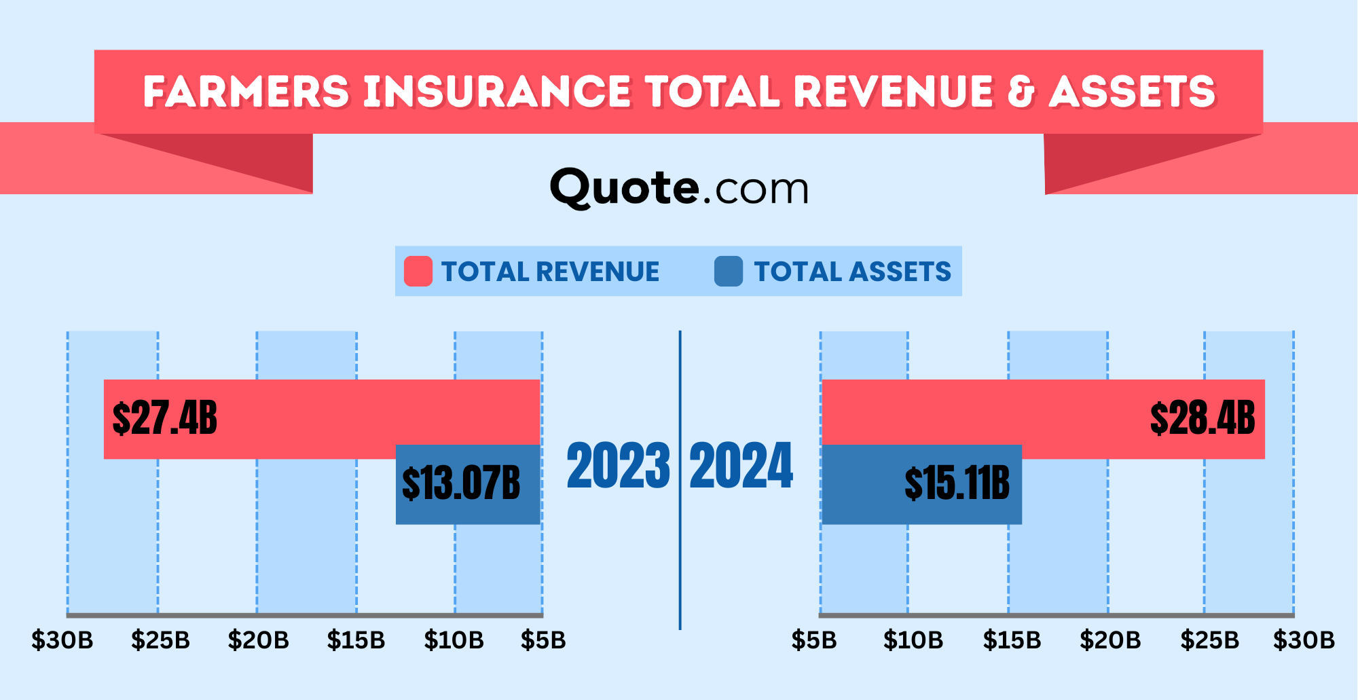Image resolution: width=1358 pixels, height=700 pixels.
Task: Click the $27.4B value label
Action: pos(164,418)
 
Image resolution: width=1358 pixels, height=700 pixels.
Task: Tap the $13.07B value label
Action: pos(461,483)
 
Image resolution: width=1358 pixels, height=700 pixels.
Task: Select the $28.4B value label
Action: pos(1202,418)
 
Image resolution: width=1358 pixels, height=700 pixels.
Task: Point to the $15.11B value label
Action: pos(957,483)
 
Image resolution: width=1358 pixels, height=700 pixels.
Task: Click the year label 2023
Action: pos(618,466)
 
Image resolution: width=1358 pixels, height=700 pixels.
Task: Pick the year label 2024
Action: pos(741,466)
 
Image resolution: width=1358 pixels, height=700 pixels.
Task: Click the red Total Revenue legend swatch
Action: pos(418,272)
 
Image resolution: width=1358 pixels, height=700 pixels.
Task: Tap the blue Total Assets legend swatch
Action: pos(729,272)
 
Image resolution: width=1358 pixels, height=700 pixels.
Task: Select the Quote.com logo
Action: pos(679,188)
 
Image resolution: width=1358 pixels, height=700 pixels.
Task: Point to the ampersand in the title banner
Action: pos(1022,92)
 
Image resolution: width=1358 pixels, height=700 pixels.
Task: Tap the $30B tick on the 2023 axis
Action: pos(62,640)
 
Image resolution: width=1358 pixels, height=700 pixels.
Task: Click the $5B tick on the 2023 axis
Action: pos(543,640)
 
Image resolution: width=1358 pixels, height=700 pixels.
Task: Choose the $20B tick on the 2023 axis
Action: pos(259,640)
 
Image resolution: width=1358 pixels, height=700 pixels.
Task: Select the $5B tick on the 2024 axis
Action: pos(814,640)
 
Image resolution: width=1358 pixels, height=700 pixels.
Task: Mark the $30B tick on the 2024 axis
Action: pos(1304,640)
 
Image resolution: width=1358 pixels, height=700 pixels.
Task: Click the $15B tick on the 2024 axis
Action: pos(1012,640)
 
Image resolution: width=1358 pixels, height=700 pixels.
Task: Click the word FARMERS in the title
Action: pos(246,92)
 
